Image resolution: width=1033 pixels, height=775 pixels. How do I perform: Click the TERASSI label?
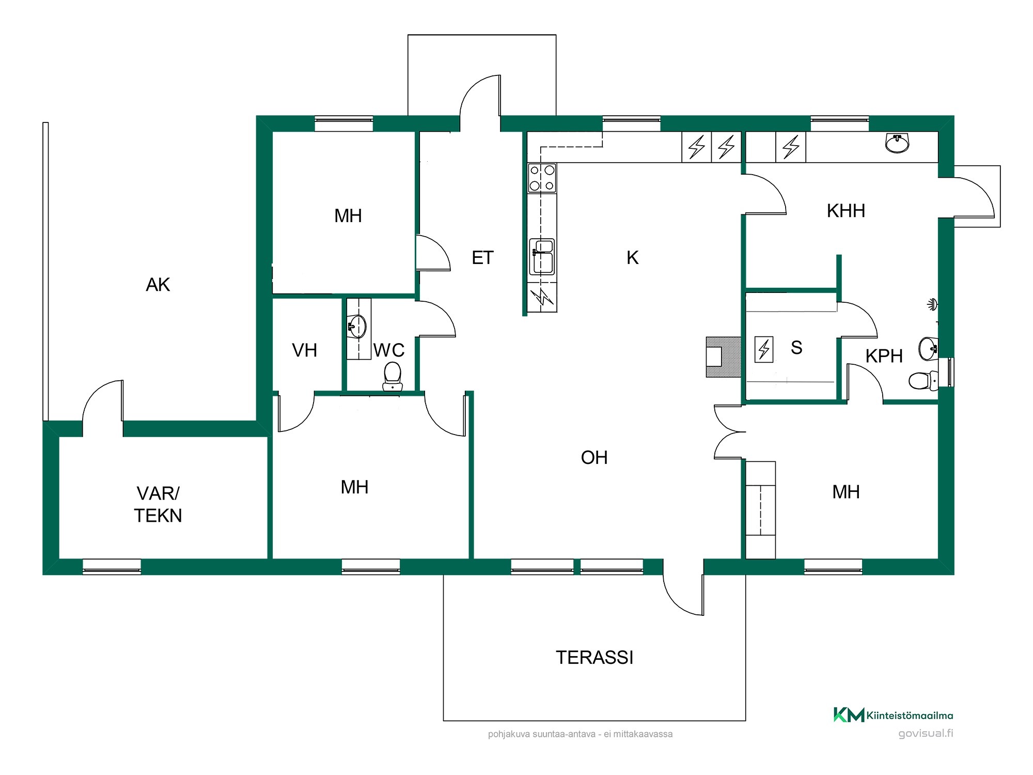pyautogui.click(x=594, y=657)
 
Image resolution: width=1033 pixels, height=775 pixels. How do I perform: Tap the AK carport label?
pyautogui.click(x=158, y=285)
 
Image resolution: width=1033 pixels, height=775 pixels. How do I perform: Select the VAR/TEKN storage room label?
pyautogui.click(x=158, y=504)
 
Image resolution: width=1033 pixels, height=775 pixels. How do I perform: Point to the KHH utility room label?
pyautogui.click(x=846, y=211)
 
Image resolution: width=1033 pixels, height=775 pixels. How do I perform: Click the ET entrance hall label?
pyautogui.click(x=482, y=258)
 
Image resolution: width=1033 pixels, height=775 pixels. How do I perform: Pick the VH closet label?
pyautogui.click(x=304, y=350)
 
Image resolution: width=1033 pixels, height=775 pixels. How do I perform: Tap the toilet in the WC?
pyautogui.click(x=393, y=376)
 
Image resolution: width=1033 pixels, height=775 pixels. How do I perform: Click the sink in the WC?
pyautogui.click(x=357, y=326)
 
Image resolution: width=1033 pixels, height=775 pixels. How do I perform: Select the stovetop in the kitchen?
pyautogui.click(x=542, y=178)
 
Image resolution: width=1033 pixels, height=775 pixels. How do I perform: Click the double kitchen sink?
pyautogui.click(x=542, y=256)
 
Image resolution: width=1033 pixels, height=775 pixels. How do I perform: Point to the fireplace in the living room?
pyautogui.click(x=723, y=357)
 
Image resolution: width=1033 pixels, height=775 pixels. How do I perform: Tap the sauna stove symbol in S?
pyautogui.click(x=764, y=349)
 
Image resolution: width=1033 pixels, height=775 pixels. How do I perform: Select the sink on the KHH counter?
pyautogui.click(x=897, y=143)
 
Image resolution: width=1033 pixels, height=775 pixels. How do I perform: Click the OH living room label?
pyautogui.click(x=594, y=458)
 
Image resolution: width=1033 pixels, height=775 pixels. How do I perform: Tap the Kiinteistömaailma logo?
pyautogui.click(x=893, y=715)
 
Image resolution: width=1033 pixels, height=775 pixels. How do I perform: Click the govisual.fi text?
pyautogui.click(x=926, y=733)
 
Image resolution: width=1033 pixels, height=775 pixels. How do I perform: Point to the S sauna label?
pyautogui.click(x=796, y=348)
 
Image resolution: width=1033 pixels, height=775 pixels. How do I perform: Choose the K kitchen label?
pyautogui.click(x=632, y=258)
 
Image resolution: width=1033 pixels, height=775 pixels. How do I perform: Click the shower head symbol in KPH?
pyautogui.click(x=932, y=304)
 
